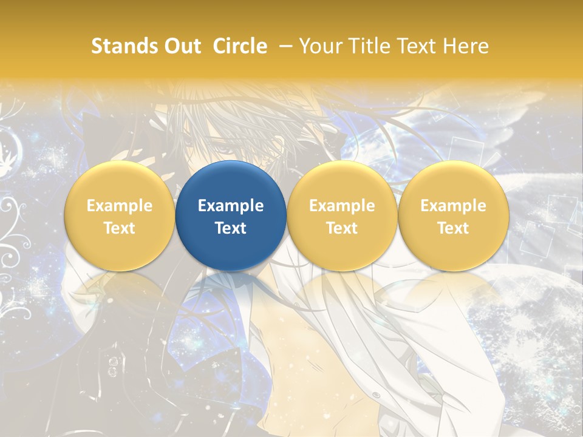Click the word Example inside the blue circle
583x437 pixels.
point(231,206)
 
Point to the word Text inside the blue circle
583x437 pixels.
point(231,228)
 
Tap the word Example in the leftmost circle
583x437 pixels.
point(120,206)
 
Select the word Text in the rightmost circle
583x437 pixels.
point(453,228)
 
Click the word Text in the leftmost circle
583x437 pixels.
point(120,228)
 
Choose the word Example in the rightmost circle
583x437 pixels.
point(453,206)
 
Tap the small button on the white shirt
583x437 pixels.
point(376,395)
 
